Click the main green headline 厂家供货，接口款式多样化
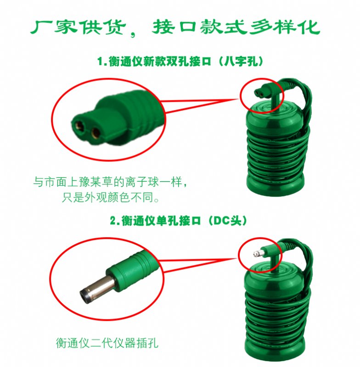pos(175,28)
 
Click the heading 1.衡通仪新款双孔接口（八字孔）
pos(180,61)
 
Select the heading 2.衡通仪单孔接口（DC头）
pos(179,221)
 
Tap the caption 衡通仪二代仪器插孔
pos(107,343)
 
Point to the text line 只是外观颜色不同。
pos(111,197)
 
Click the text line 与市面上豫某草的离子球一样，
pos(110,182)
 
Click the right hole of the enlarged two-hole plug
pos(96,133)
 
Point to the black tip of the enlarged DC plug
pos(84,296)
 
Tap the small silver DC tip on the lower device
pos(257,253)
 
